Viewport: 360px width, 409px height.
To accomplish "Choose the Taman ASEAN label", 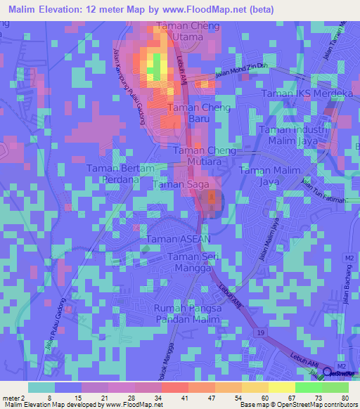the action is pos(179,240).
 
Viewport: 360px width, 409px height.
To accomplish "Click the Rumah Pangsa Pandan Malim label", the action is pos(188,314).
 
